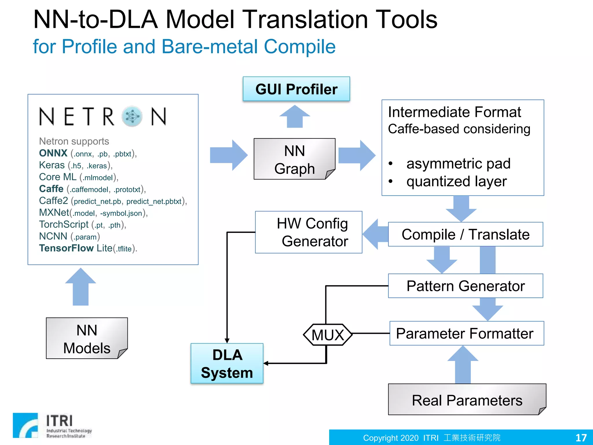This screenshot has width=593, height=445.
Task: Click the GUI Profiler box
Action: tap(296, 89)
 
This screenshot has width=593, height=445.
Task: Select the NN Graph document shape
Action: tap(294, 159)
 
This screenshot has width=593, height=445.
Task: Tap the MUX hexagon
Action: tap(327, 335)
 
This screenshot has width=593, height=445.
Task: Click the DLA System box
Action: tap(227, 364)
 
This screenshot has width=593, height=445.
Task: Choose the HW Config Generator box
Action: tap(309, 232)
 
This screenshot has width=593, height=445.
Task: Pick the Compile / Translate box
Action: tap(465, 234)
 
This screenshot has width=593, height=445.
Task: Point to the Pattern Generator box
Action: tap(465, 286)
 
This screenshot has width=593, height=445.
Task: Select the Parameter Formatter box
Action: tap(466, 333)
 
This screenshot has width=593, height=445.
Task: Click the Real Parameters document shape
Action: tap(466, 400)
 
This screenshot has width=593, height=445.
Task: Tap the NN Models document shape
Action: tap(87, 338)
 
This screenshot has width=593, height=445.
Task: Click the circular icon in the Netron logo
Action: tap(132, 116)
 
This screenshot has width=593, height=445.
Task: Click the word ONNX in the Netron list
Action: tap(53, 153)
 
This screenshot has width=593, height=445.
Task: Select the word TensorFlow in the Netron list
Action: tap(66, 248)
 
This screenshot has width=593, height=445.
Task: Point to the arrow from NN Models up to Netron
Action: tap(80, 287)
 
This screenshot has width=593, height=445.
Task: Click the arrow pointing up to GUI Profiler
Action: tap(295, 116)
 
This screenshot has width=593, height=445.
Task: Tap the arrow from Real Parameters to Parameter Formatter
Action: tap(463, 365)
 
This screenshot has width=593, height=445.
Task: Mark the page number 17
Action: tap(581, 437)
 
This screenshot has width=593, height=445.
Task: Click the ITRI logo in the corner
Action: tap(52, 425)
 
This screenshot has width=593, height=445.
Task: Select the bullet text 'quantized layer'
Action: tap(456, 182)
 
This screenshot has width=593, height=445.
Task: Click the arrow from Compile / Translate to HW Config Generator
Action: tap(375, 234)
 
